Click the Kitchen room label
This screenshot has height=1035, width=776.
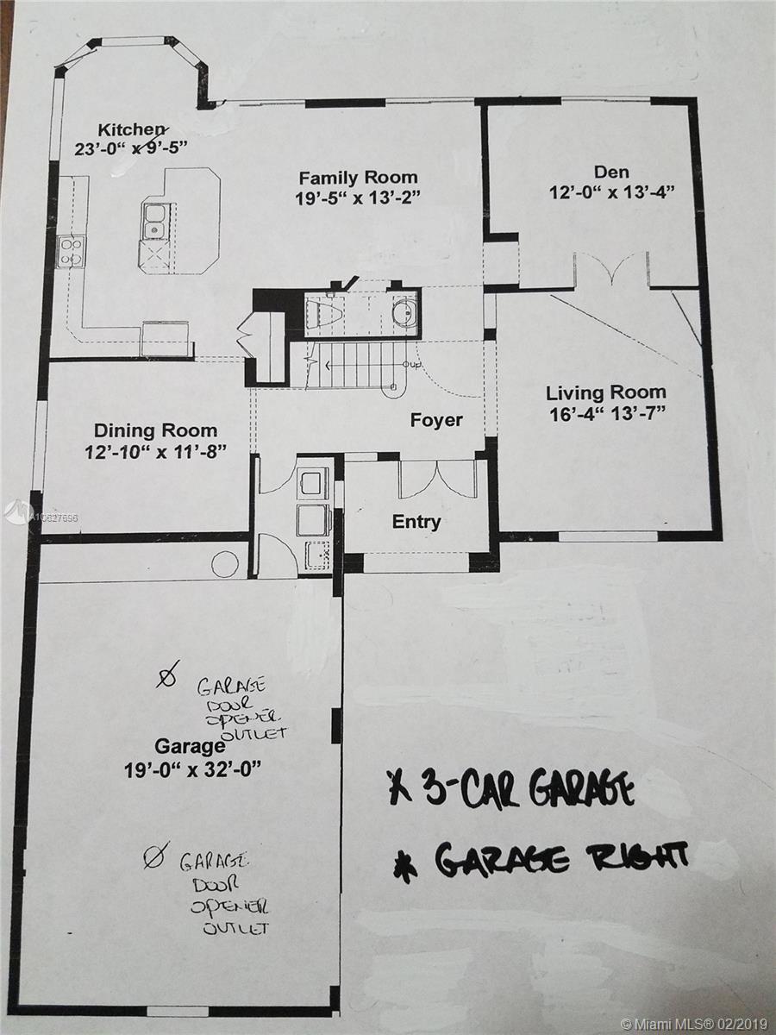pyautogui.click(x=131, y=129)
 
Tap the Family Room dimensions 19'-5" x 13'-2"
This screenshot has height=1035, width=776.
pyautogui.click(x=358, y=198)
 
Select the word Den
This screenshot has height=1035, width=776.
pyautogui.click(x=611, y=172)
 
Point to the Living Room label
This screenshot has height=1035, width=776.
pyautogui.click(x=606, y=393)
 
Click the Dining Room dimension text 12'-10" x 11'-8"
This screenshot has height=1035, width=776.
pyautogui.click(x=155, y=453)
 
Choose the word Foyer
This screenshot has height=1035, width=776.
pyautogui.click(x=436, y=420)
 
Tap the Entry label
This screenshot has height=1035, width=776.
pyautogui.click(x=416, y=522)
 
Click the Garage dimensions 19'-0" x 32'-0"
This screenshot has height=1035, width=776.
pyautogui.click(x=192, y=771)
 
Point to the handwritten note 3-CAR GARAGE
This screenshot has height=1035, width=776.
pyautogui.click(x=510, y=791)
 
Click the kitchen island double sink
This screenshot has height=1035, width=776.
pyautogui.click(x=154, y=221)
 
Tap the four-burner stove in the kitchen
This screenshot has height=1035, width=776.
pyautogui.click(x=72, y=252)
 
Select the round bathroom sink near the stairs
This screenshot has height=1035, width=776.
pyautogui.click(x=404, y=312)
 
